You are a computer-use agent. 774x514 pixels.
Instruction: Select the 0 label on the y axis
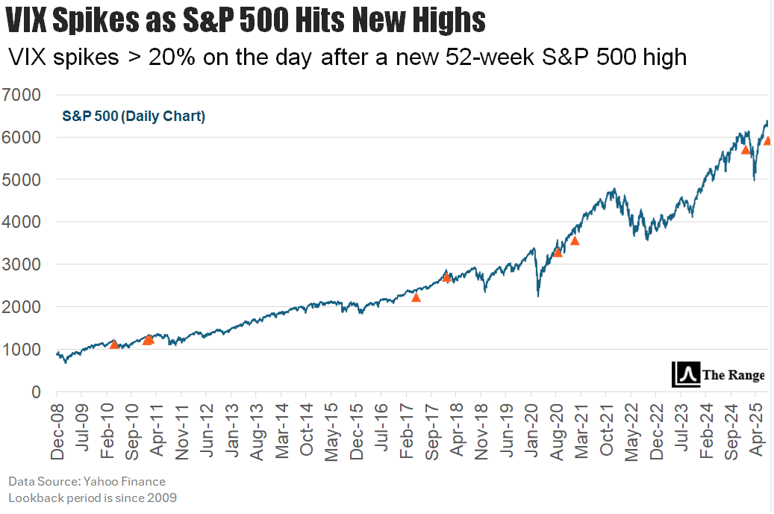34,392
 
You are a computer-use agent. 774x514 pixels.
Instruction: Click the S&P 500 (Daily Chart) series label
134,116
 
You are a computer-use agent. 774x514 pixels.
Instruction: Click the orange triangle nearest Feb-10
114,344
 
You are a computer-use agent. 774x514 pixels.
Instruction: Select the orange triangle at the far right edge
768,140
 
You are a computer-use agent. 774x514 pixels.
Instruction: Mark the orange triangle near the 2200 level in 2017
416,297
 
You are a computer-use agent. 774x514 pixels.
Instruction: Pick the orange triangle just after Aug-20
575,241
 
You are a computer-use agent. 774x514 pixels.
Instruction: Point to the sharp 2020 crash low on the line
538,296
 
